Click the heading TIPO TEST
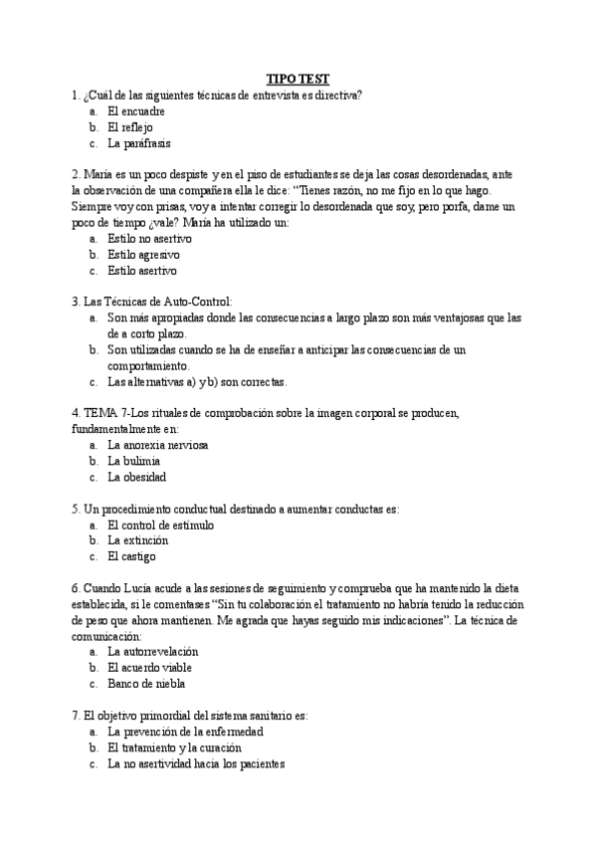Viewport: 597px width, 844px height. pyautogui.click(x=298, y=78)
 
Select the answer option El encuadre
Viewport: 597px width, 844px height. pyautogui.click(x=135, y=111)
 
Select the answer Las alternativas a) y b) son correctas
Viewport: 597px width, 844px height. pyautogui.click(x=197, y=381)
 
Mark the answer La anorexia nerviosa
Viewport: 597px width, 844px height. pyautogui.click(x=158, y=445)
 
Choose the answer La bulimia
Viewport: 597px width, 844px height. pyautogui.click(x=134, y=461)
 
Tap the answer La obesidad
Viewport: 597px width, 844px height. pyautogui.click(x=137, y=477)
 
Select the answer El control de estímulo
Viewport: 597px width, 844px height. pyautogui.click(x=160, y=525)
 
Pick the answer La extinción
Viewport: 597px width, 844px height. pyautogui.click(x=137, y=540)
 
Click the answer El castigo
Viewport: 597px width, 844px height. pyautogui.click(x=131, y=556)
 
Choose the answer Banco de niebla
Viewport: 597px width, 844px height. pyautogui.click(x=146, y=684)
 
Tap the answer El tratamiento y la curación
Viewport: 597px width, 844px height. pyautogui.click(x=175, y=747)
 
